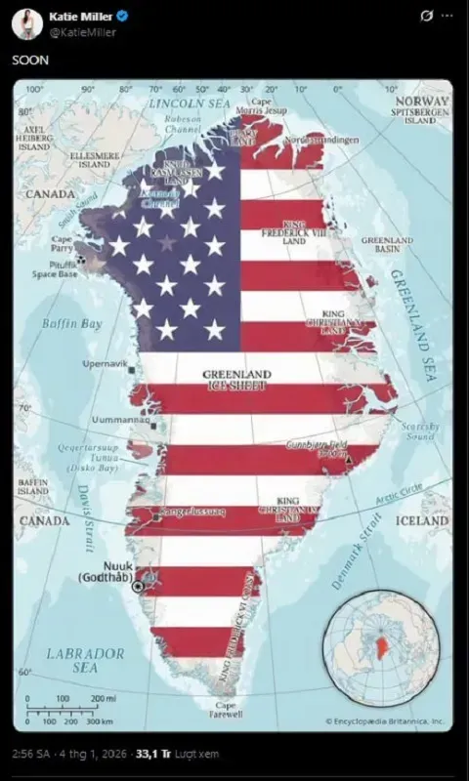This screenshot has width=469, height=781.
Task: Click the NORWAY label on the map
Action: [421, 101]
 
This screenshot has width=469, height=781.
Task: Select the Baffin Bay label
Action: [71, 323]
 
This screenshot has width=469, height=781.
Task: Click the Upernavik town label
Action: [106, 363]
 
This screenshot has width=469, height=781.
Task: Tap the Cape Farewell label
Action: [225, 710]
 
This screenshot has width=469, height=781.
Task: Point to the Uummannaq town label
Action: [115, 421]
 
